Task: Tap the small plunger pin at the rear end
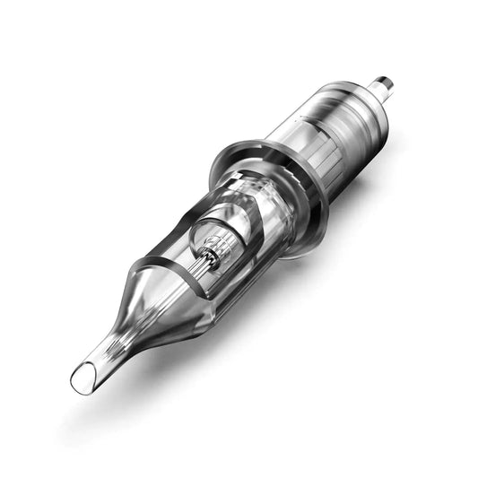pyautogui.click(x=385, y=87)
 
